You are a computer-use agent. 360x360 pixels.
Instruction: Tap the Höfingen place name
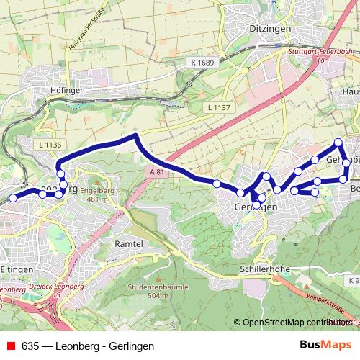(x=69, y=90)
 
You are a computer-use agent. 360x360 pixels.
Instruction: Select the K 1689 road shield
(x=204, y=63)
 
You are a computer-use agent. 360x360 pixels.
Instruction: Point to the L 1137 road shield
(x=218, y=107)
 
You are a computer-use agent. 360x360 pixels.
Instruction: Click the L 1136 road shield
(x=50, y=145)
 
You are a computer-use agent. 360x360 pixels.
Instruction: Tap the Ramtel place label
(x=130, y=244)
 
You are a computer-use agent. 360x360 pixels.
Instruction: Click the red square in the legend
(x=11, y=346)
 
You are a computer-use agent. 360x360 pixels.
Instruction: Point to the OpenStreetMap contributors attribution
(x=296, y=323)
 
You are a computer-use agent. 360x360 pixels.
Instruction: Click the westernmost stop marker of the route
(x=12, y=198)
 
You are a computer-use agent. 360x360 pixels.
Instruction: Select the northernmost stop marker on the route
(x=338, y=142)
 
